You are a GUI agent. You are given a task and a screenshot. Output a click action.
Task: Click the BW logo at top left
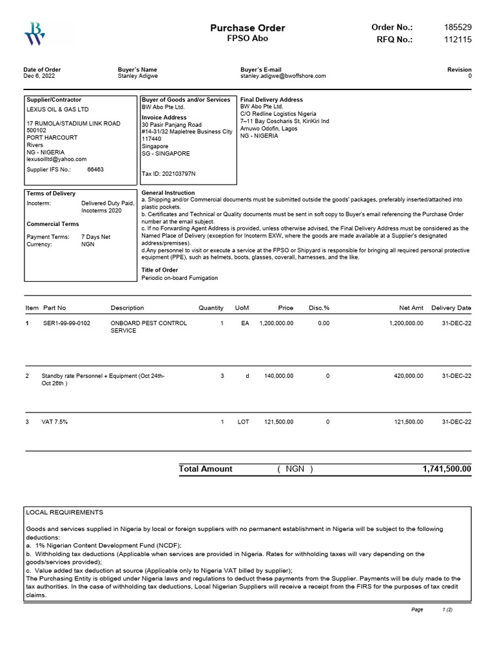coord(34,33)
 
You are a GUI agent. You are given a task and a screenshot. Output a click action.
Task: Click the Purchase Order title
coord(247,28)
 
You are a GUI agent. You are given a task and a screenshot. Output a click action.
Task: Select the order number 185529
coord(458,27)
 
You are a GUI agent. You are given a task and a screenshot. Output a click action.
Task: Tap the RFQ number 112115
coord(458,39)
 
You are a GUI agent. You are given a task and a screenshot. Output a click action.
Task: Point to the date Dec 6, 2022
coord(39,76)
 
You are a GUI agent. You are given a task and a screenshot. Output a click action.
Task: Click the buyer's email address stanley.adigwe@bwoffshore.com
coord(283,76)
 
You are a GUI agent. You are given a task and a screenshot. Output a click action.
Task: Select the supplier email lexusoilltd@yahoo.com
coord(56,158)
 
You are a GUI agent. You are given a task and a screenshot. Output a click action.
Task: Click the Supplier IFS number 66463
coord(95,170)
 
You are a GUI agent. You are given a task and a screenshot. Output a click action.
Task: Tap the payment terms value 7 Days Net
coord(95,237)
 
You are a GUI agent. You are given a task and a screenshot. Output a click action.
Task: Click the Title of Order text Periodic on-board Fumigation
coord(180,278)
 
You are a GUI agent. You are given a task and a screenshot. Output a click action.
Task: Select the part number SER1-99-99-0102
coord(66,323)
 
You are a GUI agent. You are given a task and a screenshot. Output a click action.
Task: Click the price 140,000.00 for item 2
coord(276,376)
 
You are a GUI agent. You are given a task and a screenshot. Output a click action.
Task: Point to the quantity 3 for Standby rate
coord(222,376)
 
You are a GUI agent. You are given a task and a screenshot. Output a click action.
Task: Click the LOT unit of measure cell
coord(243,422)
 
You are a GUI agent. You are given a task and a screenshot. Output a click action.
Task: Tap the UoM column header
coord(242,308)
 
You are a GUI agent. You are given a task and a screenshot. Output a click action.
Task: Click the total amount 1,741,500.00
coord(447,469)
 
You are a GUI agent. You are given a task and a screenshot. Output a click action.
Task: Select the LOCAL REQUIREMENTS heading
coord(64,512)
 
